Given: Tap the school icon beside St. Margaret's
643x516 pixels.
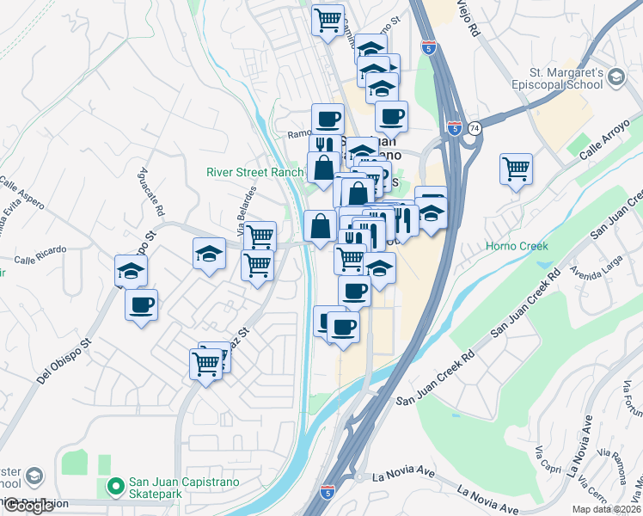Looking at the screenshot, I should click(615, 79).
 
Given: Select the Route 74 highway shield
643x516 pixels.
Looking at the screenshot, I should click(475, 127).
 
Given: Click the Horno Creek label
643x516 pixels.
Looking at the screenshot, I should click(517, 246).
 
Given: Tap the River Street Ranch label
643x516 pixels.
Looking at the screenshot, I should click(254, 172).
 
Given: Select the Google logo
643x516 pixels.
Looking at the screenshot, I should click(28, 506).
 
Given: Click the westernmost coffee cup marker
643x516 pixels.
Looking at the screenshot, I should click(141, 304).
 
